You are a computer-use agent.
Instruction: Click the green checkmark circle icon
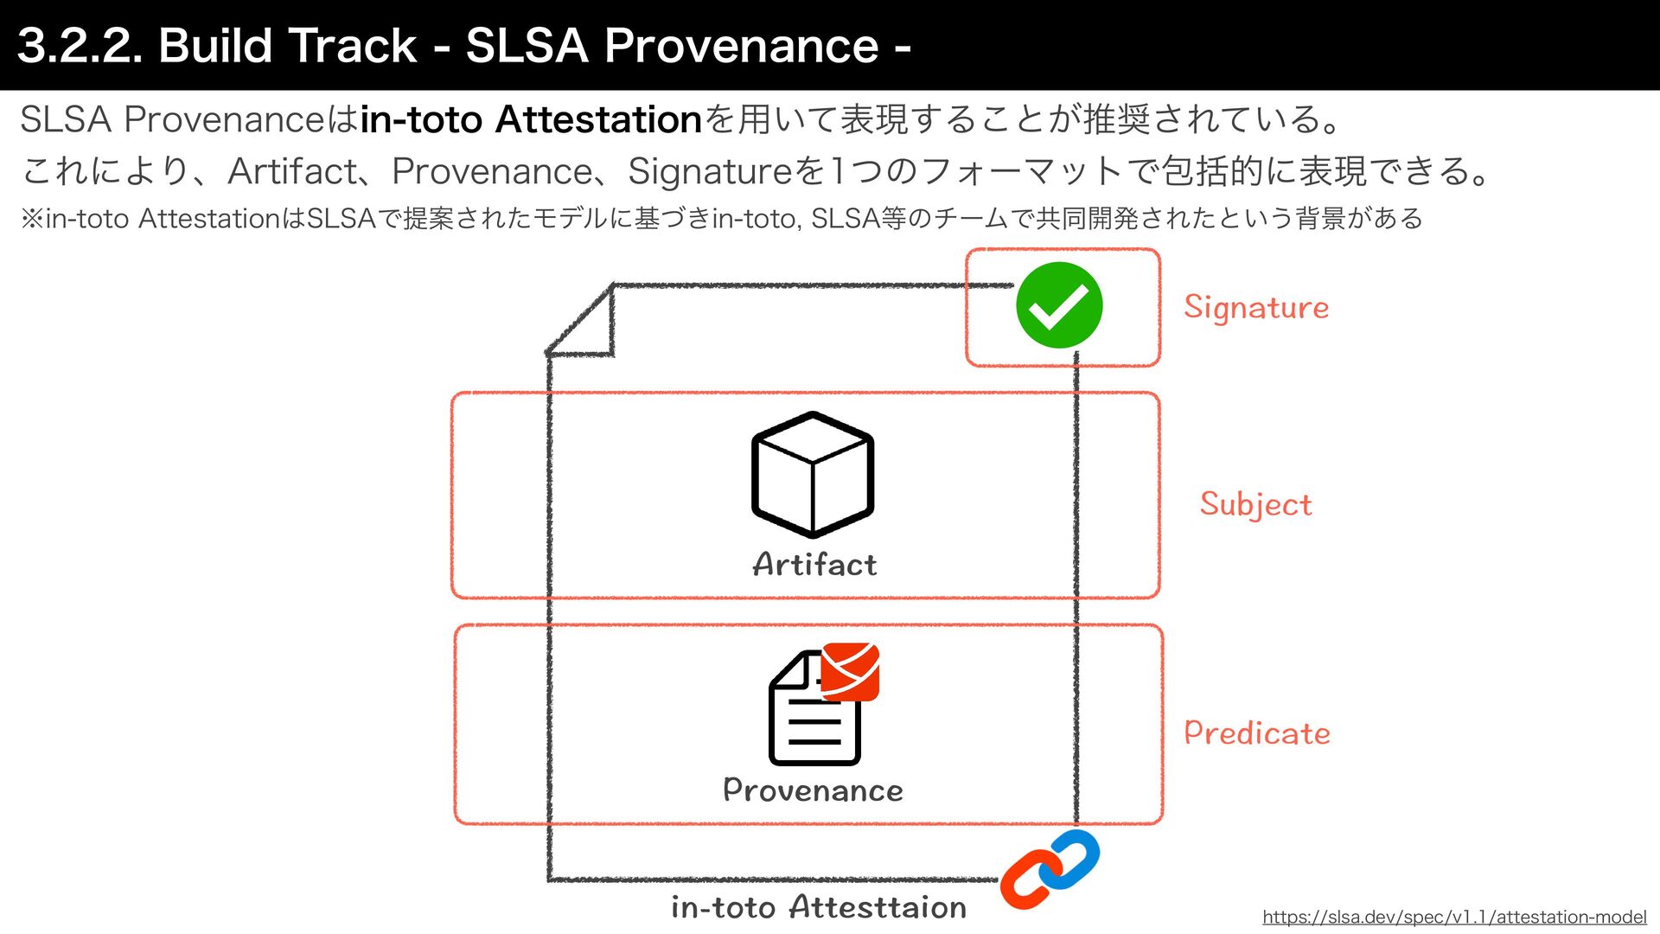point(1059,305)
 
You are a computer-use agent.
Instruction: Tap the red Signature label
point(1255,308)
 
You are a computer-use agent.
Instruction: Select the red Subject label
point(1255,504)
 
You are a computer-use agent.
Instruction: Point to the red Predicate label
point(1256,733)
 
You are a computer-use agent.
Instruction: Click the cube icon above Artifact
point(813,474)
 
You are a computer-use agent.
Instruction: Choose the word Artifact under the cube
point(814,565)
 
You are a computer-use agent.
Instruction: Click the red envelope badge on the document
point(850,671)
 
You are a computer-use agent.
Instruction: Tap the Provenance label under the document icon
point(813,790)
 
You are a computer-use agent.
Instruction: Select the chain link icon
point(1050,870)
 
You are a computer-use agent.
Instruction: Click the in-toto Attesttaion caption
point(818,907)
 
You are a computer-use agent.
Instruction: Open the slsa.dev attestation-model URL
point(1454,917)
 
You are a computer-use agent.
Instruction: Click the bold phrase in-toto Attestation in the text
point(531,119)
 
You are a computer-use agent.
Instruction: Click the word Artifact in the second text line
point(292,171)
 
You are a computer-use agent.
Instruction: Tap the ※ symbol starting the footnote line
point(32,219)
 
